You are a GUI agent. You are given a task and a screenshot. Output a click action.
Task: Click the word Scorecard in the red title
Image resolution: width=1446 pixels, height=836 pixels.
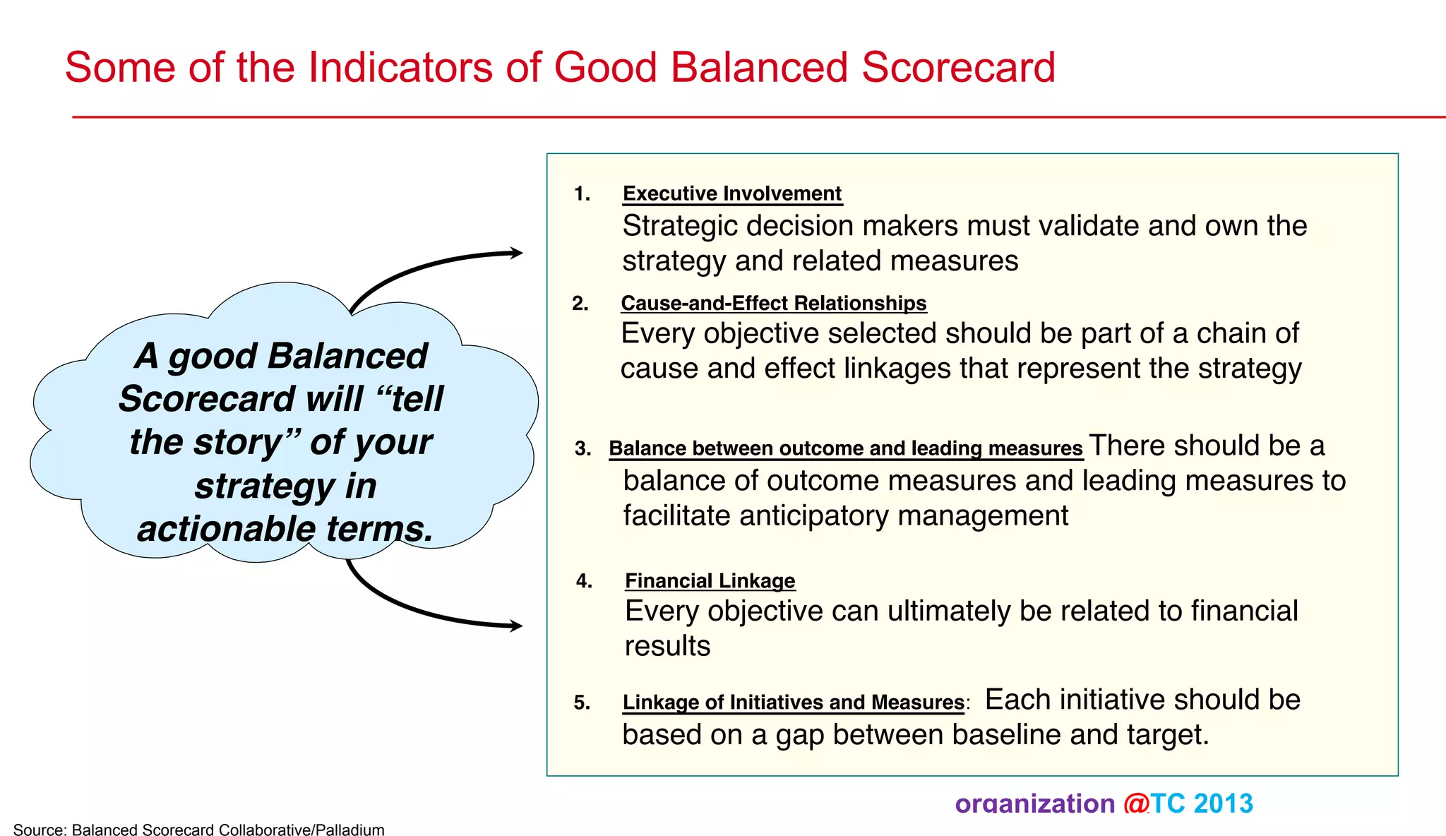[x=958, y=68]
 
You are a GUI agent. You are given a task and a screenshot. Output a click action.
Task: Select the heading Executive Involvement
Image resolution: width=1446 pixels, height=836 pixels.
[x=732, y=193]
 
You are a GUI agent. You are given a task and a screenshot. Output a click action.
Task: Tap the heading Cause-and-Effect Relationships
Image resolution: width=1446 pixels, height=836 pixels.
[x=773, y=303]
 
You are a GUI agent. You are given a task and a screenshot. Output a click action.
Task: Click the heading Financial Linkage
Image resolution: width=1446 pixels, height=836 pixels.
[x=710, y=580]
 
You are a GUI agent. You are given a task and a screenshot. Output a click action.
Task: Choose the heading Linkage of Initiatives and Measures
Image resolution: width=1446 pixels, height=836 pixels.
[x=793, y=702]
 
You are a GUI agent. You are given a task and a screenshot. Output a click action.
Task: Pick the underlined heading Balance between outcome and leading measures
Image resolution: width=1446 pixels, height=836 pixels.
[x=845, y=448]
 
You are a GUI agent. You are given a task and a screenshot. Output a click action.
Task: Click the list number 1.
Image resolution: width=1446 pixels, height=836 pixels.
[x=582, y=193]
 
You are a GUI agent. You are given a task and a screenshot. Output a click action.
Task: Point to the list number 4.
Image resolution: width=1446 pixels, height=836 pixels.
[x=584, y=580]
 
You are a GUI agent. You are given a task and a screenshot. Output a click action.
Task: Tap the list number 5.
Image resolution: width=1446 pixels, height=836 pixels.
[x=582, y=703]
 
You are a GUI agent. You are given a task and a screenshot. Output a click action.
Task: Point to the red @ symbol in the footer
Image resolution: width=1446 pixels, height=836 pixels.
[x=1136, y=804]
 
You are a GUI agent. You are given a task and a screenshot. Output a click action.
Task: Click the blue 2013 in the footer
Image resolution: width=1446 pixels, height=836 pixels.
[x=1224, y=804]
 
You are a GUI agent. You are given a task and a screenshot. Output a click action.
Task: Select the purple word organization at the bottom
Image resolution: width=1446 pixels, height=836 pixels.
[x=1034, y=804]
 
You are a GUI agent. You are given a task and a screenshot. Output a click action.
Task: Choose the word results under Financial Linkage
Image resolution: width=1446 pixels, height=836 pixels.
[x=667, y=646]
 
